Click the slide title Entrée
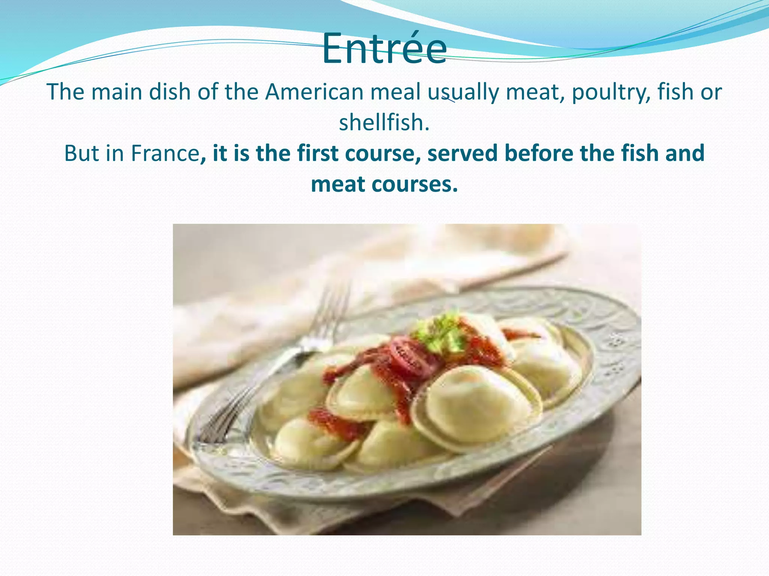coord(384,49)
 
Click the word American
coord(314,92)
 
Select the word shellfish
coord(383,123)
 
